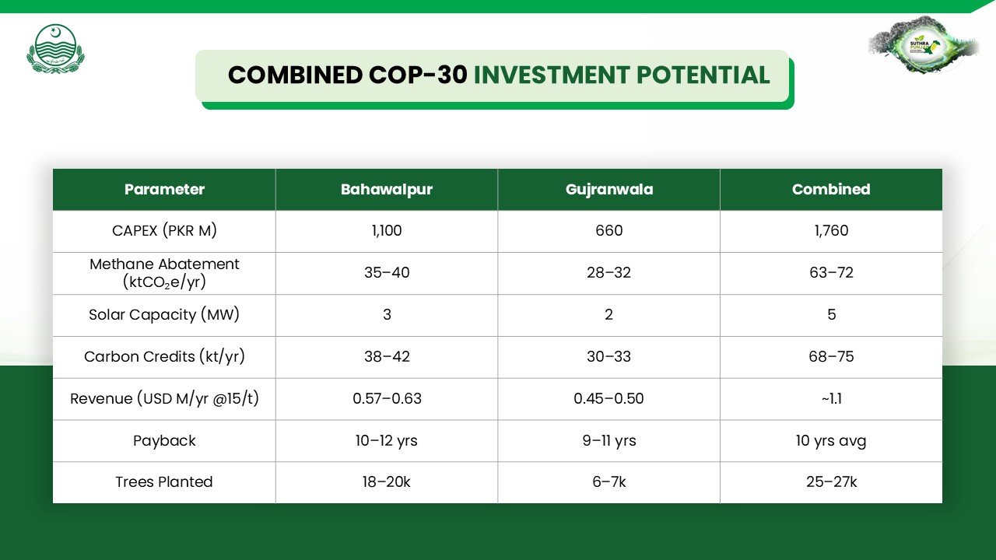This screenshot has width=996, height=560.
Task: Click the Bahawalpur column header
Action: pyautogui.click(x=387, y=189)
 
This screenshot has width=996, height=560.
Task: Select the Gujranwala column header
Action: pyautogui.click(x=609, y=189)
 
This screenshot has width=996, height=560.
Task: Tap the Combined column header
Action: pyautogui.click(x=831, y=189)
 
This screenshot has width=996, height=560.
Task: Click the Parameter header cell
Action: pyautogui.click(x=164, y=189)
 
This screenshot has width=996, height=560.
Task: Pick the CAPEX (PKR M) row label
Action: pyautogui.click(x=164, y=231)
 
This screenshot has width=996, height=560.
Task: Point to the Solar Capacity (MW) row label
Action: pyautogui.click(x=164, y=315)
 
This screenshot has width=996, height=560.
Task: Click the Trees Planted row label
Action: pyautogui.click(x=164, y=481)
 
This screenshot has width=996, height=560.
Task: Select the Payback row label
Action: pyautogui.click(x=164, y=440)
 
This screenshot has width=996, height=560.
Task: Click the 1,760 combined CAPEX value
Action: pyautogui.click(x=831, y=231)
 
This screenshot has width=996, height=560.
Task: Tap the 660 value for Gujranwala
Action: pyautogui.click(x=609, y=231)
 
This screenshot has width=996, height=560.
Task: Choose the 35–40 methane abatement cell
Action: pyautogui.click(x=387, y=272)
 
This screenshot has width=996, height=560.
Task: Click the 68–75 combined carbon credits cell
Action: pyautogui.click(x=831, y=356)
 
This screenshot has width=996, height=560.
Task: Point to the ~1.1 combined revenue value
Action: pyautogui.click(x=831, y=399)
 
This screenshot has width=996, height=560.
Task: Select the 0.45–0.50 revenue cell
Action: pyautogui.click(x=608, y=399)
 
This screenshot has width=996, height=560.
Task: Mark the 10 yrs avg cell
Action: pyautogui.click(x=831, y=440)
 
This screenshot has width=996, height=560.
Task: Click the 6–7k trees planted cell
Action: pyautogui.click(x=609, y=481)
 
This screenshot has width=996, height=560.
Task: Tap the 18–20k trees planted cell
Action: pyautogui.click(x=387, y=481)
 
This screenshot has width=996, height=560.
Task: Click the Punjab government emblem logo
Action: pyautogui.click(x=55, y=49)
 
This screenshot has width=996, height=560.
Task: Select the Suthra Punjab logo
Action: pyautogui.click(x=924, y=45)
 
